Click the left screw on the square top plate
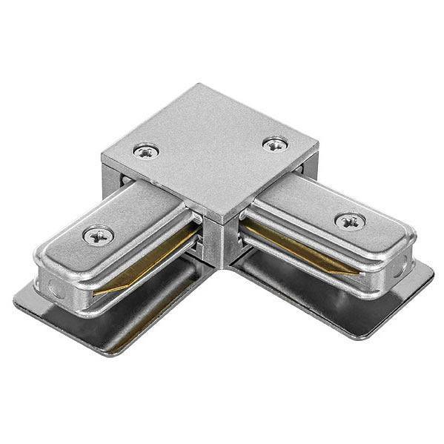coord(146,151)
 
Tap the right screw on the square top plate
coord(276,143)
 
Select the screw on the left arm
coord(98,236)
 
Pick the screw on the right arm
coord(349,220)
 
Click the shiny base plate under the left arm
coord(111,319)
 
